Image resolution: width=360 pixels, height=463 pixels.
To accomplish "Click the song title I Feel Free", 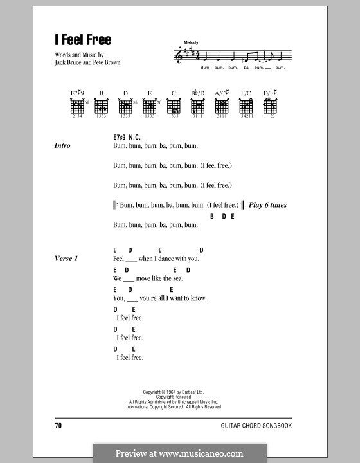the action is pyautogui.click(x=83, y=40).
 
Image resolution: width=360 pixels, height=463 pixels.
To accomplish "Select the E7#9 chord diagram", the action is pyautogui.click(x=77, y=106).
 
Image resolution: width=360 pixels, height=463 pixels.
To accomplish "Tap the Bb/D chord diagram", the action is pyautogui.click(x=198, y=106).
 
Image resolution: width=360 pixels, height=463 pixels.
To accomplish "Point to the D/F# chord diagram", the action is pyautogui.click(x=269, y=106).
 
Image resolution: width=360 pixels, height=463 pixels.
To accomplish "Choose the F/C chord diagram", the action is pyautogui.click(x=246, y=106).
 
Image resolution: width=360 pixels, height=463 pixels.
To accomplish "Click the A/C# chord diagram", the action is pyautogui.click(x=222, y=106).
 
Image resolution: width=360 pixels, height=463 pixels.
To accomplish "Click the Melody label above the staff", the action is pyautogui.click(x=192, y=42).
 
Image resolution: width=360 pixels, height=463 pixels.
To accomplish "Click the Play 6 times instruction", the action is pyautogui.click(x=268, y=205).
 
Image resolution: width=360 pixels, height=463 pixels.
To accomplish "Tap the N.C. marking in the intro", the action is pyautogui.click(x=134, y=138).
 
